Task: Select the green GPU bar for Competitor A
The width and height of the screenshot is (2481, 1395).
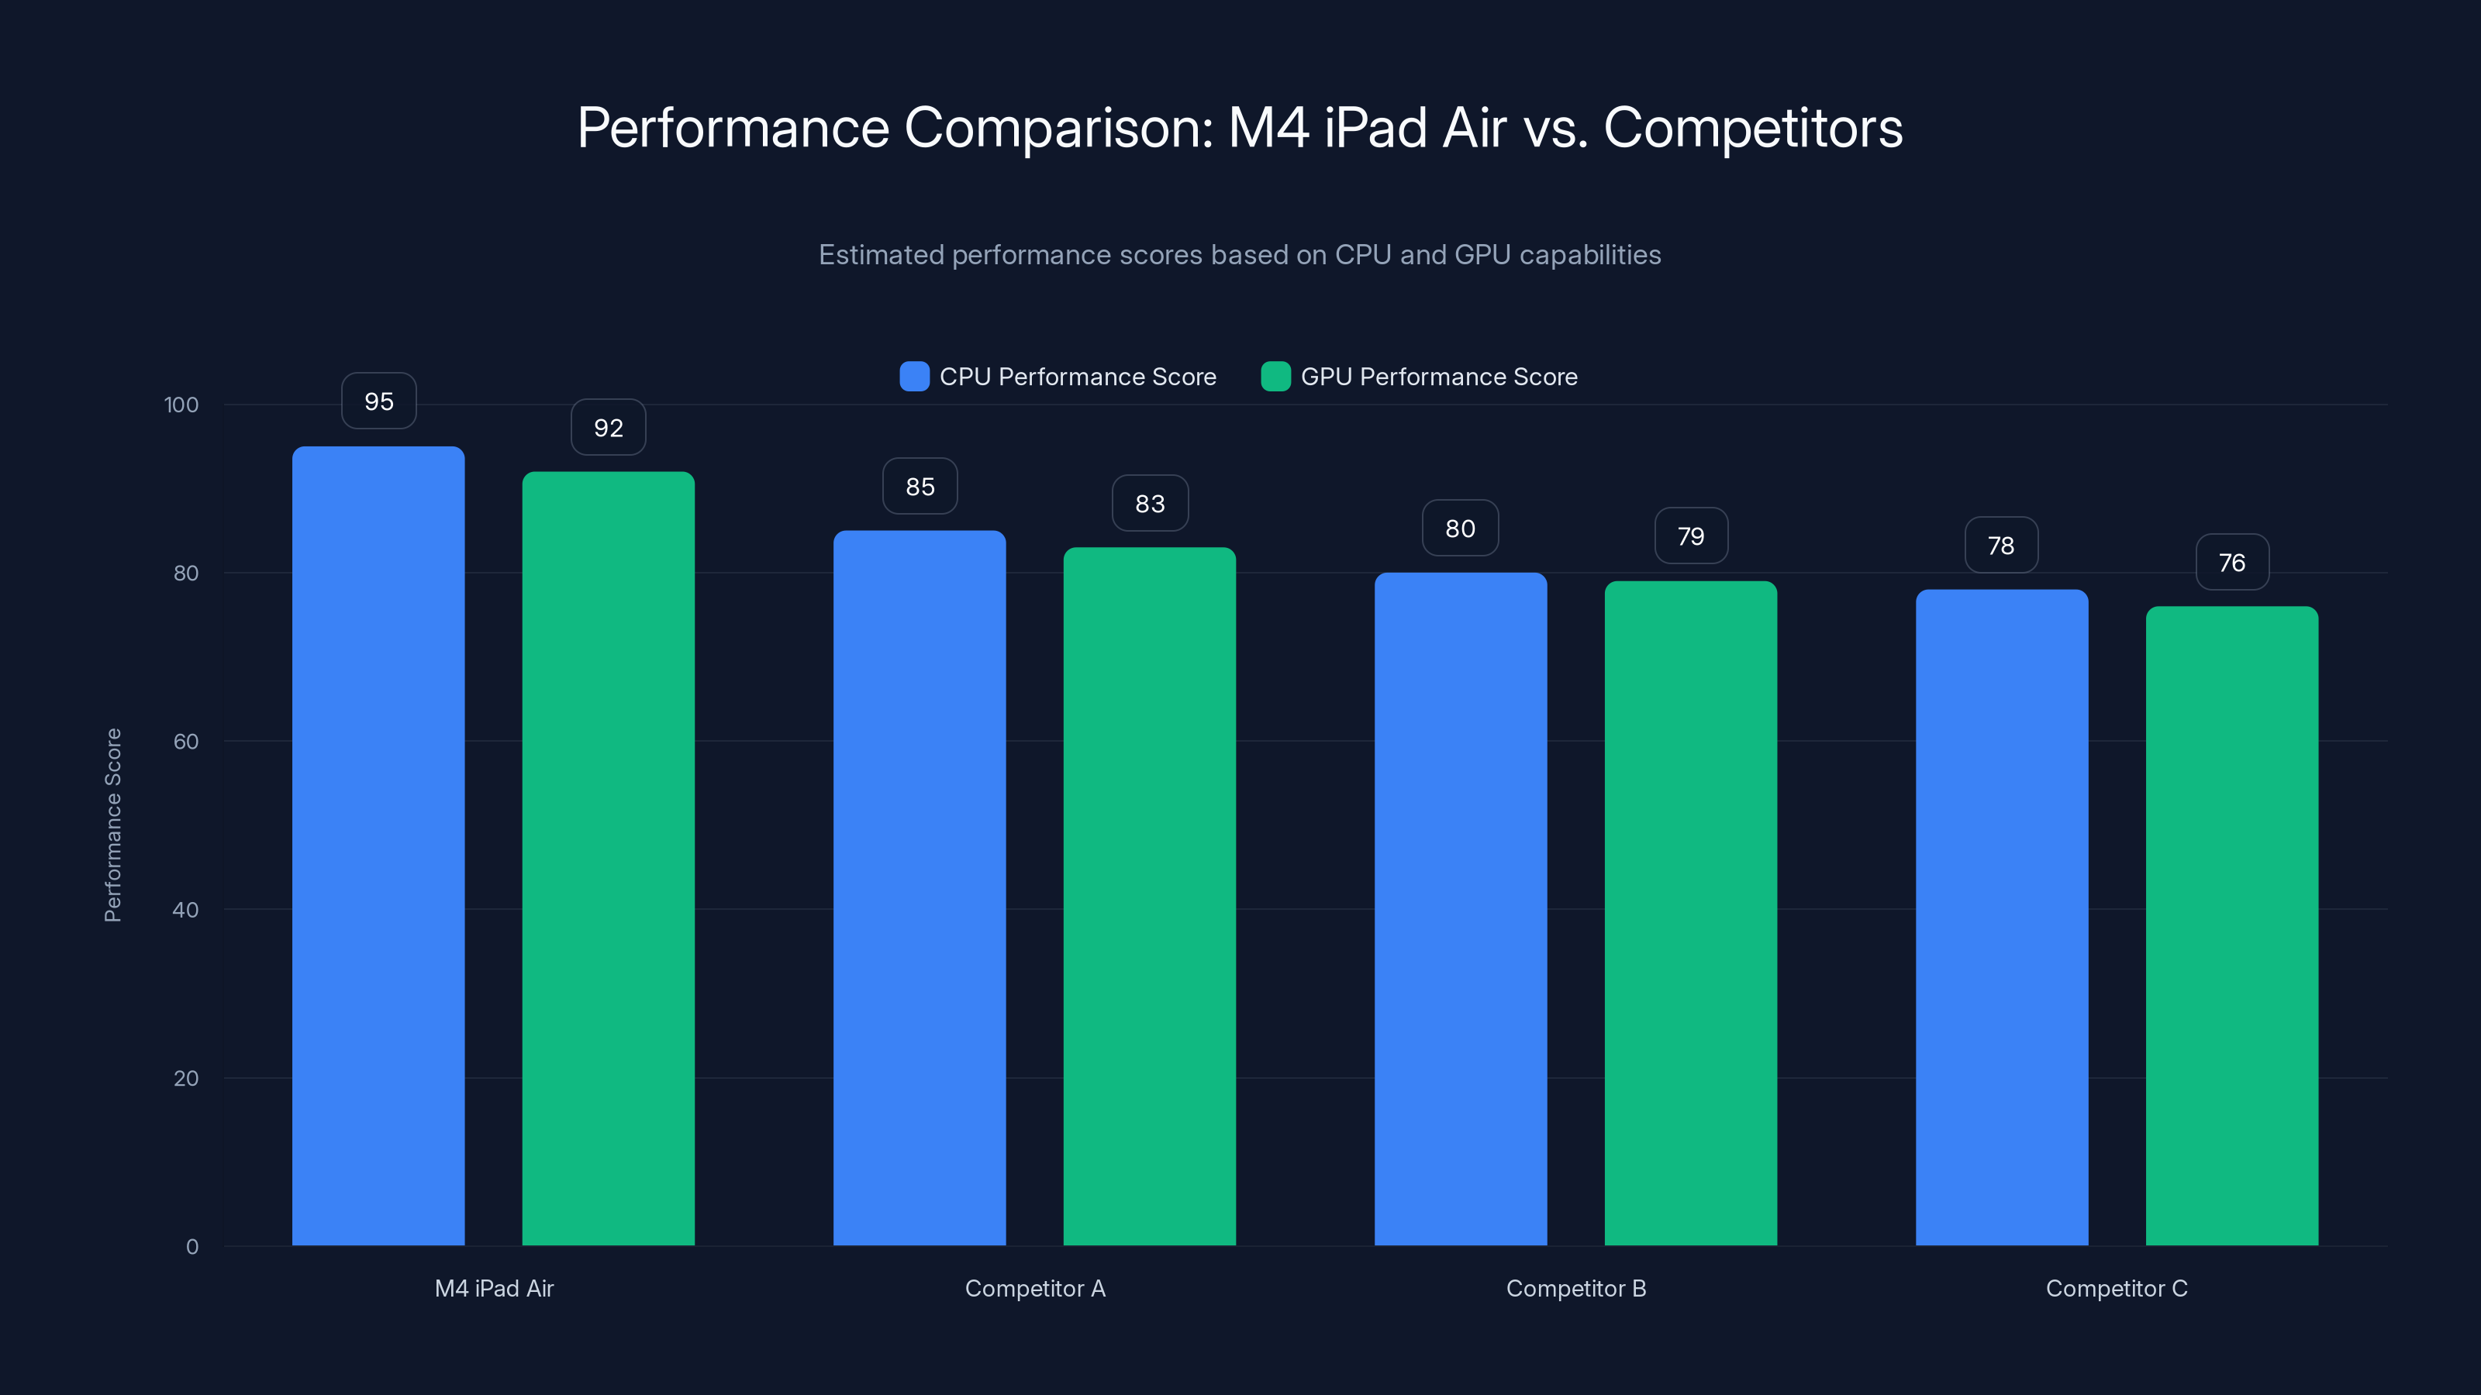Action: pyautogui.click(x=1149, y=895)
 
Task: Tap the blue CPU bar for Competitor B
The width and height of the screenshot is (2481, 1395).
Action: pyautogui.click(x=1460, y=909)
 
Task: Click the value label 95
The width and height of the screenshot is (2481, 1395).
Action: pyautogui.click(x=378, y=401)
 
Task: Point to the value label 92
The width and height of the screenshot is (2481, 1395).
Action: pyautogui.click(x=608, y=428)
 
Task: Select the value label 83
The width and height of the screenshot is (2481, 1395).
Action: pyautogui.click(x=1150, y=504)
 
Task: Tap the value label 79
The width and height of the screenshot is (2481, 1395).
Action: pyautogui.click(x=1690, y=536)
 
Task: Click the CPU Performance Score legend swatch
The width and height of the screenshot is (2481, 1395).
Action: pyautogui.click(x=914, y=377)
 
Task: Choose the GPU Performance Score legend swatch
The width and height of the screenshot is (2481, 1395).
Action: pyautogui.click(x=1275, y=377)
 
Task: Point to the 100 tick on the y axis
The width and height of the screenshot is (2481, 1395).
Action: pyautogui.click(x=181, y=405)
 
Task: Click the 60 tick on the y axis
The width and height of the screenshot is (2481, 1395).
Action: pyautogui.click(x=186, y=742)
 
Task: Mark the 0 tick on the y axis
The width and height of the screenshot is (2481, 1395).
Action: pyautogui.click(x=192, y=1247)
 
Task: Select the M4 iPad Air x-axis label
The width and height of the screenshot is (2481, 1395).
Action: pyautogui.click(x=494, y=1288)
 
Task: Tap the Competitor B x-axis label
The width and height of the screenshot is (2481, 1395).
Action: pyautogui.click(x=1575, y=1288)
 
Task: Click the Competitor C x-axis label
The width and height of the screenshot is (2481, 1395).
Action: pyautogui.click(x=2116, y=1288)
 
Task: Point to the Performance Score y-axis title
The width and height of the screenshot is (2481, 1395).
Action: pyautogui.click(x=112, y=825)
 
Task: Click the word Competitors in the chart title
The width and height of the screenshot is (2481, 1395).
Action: pyautogui.click(x=1753, y=128)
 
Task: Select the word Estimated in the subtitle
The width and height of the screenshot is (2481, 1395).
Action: pyautogui.click(x=880, y=255)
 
